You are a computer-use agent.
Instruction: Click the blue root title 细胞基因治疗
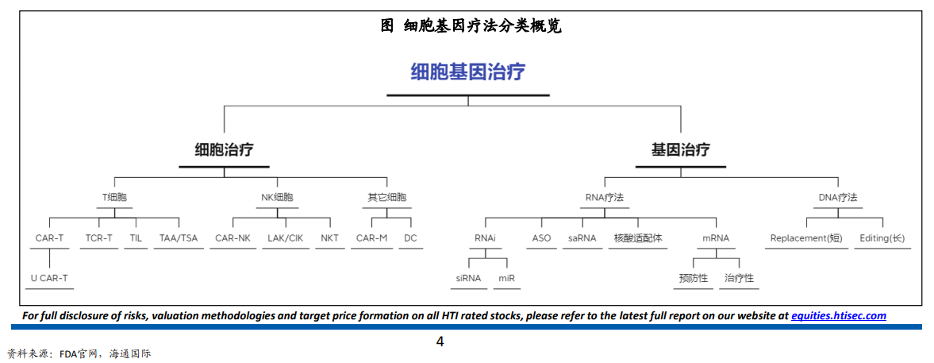coord(467,73)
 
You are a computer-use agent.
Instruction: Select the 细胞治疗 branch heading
coord(224,149)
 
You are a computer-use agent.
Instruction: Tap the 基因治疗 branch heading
coord(680,149)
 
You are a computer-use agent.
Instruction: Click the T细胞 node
coord(114,197)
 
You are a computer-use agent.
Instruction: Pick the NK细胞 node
coord(277,197)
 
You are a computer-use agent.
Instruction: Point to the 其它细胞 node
coord(387,197)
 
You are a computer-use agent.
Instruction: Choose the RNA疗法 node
coord(605,197)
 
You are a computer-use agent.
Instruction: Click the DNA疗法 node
coord(838,197)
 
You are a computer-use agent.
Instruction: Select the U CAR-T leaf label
coord(49,278)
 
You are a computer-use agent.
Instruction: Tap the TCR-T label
coord(98,238)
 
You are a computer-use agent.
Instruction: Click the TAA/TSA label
coord(179,238)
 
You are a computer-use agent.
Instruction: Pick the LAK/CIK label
coord(285,238)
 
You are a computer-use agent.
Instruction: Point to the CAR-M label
coord(371,238)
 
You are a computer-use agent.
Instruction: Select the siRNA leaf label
coord(468,278)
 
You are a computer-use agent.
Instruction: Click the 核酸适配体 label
coord(638,238)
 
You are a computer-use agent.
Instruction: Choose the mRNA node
coord(716,238)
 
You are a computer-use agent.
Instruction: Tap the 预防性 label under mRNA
coord(694,278)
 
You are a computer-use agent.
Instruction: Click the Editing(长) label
coord(882,238)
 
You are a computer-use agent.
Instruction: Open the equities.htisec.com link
coord(838,316)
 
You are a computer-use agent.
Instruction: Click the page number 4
coord(440,342)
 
